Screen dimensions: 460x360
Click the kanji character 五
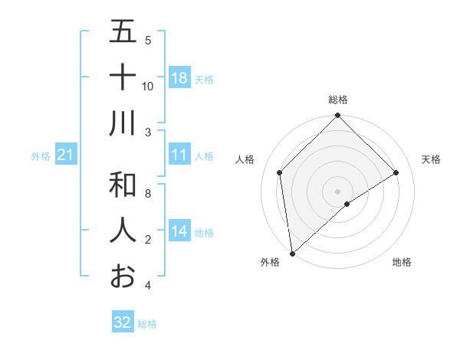[123, 32]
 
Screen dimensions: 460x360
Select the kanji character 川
[123, 123]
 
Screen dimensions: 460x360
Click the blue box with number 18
[179, 78]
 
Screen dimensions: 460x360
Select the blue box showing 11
[179, 155]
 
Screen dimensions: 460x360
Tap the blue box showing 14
[179, 231]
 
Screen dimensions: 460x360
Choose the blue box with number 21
[66, 155]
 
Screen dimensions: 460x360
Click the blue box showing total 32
[123, 322]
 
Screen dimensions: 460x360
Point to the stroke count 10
[148, 87]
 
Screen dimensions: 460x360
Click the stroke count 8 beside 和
[148, 195]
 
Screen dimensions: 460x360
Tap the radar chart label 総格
[338, 100]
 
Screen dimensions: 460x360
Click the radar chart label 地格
[402, 262]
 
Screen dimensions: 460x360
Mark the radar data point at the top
[338, 116]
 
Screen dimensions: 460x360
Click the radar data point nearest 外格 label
[292, 254]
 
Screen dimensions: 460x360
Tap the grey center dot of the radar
[338, 191]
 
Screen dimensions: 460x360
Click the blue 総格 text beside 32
[147, 324]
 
